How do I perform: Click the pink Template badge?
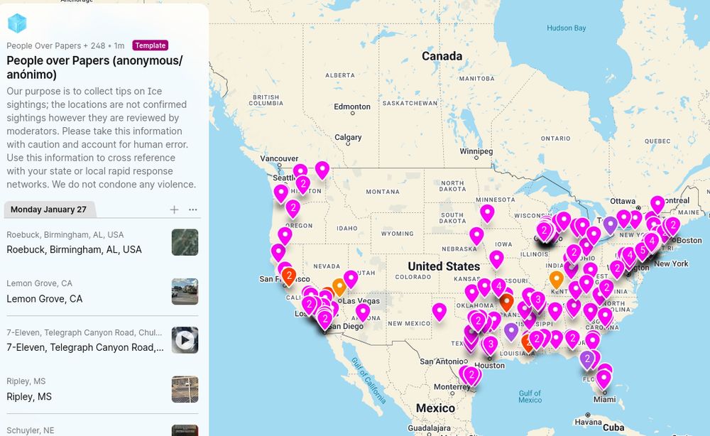pos(150,45)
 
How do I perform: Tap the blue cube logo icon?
pos(17,23)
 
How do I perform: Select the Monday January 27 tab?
pos(48,209)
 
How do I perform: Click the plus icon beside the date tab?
pos(175,209)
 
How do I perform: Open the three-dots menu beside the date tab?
pos(193,209)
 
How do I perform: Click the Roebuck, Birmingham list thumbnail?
pos(185,242)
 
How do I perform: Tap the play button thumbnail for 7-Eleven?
pos(185,340)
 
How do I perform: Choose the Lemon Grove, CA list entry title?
pos(45,299)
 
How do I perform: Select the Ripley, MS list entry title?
pos(29,396)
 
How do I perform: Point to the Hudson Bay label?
pos(566,28)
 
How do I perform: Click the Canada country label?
pos(442,56)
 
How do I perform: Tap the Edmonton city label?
pos(352,107)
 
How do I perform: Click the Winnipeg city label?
pos(476,151)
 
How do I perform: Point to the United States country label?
pos(444,266)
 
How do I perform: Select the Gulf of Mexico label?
pos(530,396)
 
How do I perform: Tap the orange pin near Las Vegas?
pos(339,286)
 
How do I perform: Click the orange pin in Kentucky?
pos(557,278)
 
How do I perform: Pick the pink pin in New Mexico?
pos(439,310)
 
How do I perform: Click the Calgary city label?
pos(348,138)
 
